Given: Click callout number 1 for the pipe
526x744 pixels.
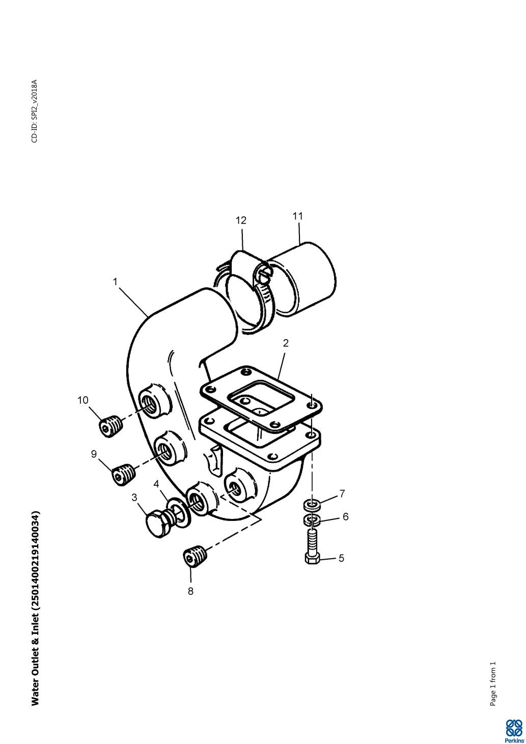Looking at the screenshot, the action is click(115, 282).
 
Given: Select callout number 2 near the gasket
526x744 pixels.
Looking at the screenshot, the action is click(286, 343).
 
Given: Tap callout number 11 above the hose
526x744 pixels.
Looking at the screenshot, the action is click(298, 216).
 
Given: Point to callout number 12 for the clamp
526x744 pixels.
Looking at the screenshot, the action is click(241, 220).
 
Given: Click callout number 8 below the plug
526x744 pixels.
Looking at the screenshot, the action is click(190, 591).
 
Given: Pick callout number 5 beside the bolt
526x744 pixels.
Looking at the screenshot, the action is click(341, 558).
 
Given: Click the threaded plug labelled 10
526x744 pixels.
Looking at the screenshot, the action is click(111, 426).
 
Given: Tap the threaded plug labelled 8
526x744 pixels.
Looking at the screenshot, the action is click(195, 556).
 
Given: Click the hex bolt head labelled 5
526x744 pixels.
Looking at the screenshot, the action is click(312, 560).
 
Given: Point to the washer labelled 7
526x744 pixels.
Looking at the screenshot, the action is click(312, 505).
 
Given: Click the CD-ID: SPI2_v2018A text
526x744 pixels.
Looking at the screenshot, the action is click(35, 111).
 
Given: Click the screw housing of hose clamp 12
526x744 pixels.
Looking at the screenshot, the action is click(264, 273).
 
